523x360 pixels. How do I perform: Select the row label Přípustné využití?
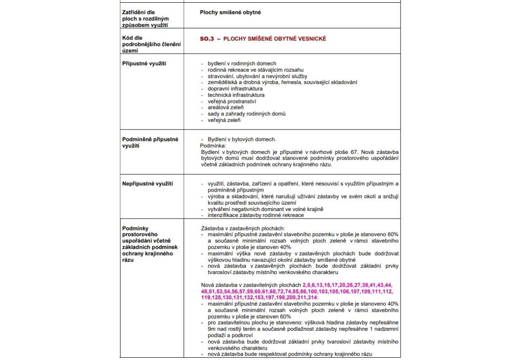coord(144,63)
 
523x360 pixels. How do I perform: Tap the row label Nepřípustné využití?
coord(148,184)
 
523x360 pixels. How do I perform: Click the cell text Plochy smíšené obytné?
coord(230,12)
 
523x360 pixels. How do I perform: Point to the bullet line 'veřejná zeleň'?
coord(224,120)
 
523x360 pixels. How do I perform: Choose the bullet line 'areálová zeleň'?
coord(225,108)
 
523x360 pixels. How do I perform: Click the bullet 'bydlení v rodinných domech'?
coord(242,63)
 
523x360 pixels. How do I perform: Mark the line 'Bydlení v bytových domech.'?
coord(242,139)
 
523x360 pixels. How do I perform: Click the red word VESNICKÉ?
coord(311,39)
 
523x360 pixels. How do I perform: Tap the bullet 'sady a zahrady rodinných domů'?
coord(246,114)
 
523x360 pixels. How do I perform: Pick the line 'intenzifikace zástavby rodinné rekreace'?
coord(255,215)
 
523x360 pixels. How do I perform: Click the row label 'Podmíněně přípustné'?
coord(150,139)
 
